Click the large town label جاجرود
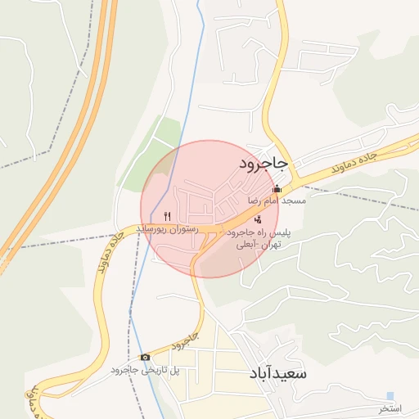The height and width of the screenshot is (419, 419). point(263,164)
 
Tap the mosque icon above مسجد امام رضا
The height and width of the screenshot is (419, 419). point(277,189)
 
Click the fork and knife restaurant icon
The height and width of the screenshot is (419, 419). point(167,217)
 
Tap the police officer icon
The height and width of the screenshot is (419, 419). point(259,219)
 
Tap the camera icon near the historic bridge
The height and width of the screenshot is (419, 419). point(145,357)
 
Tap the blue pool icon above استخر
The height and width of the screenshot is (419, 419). point(390,397)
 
